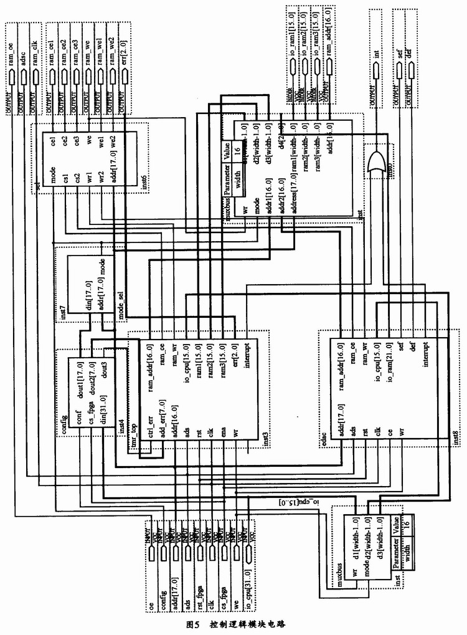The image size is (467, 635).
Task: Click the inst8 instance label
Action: pyautogui.click(x=455, y=431)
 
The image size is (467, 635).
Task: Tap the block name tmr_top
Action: pyautogui.click(x=133, y=432)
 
